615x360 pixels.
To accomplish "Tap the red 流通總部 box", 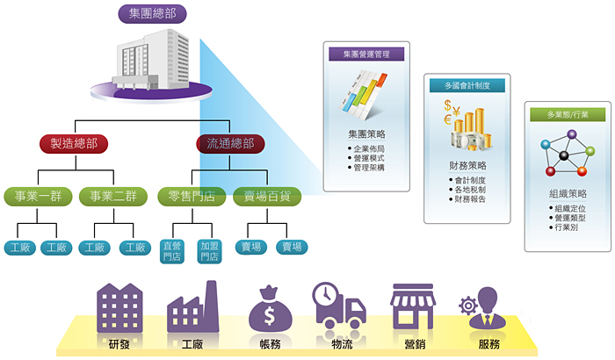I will coord(229,143).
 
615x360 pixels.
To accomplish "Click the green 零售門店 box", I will coord(191,196).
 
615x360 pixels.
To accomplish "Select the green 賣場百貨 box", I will coord(268,196).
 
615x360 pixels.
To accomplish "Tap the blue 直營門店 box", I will coord(173,251).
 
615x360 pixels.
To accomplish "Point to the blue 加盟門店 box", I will coord(209,251).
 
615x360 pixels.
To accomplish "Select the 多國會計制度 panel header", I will coord(467,85).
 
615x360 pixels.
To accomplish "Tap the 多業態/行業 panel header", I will coord(567,114).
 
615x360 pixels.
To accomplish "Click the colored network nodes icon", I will coord(567,154).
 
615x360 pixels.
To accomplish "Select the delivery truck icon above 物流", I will coord(339,307).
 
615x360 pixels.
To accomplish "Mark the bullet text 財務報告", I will coord(471,199).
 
